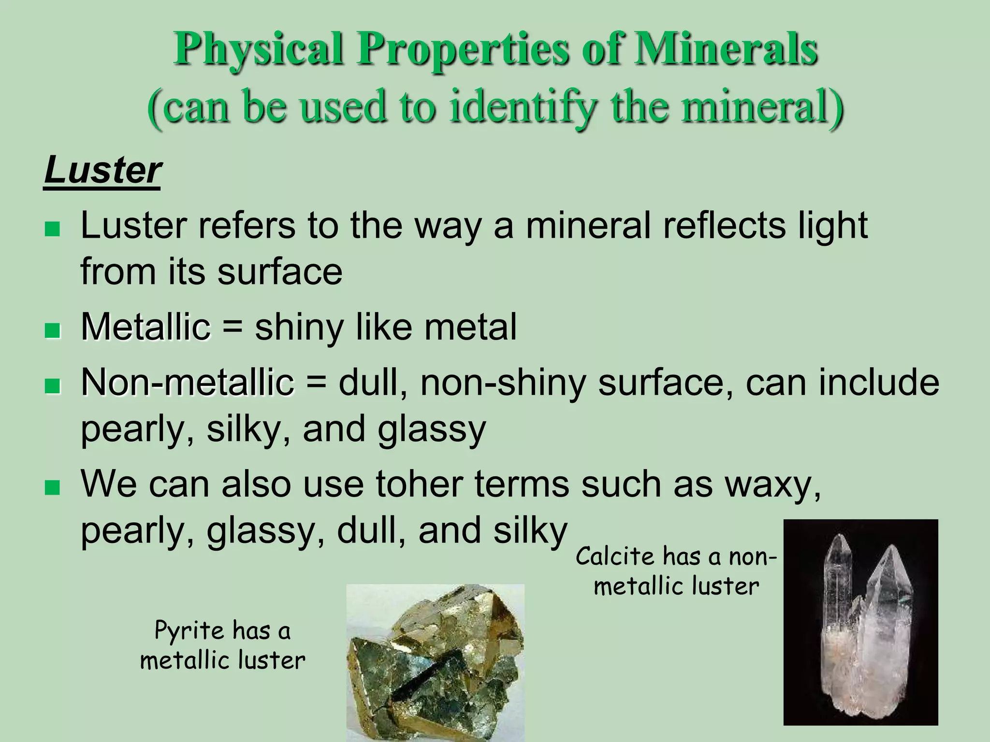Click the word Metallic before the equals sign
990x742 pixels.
(x=146, y=327)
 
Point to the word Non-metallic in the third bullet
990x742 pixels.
(x=188, y=383)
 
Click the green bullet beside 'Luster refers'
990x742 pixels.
(x=52, y=228)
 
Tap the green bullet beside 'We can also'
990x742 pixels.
(x=52, y=487)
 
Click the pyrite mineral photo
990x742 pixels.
(x=435, y=662)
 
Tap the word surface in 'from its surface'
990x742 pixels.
(x=280, y=271)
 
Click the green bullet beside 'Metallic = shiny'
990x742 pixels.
(x=52, y=331)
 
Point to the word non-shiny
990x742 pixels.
(x=503, y=383)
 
